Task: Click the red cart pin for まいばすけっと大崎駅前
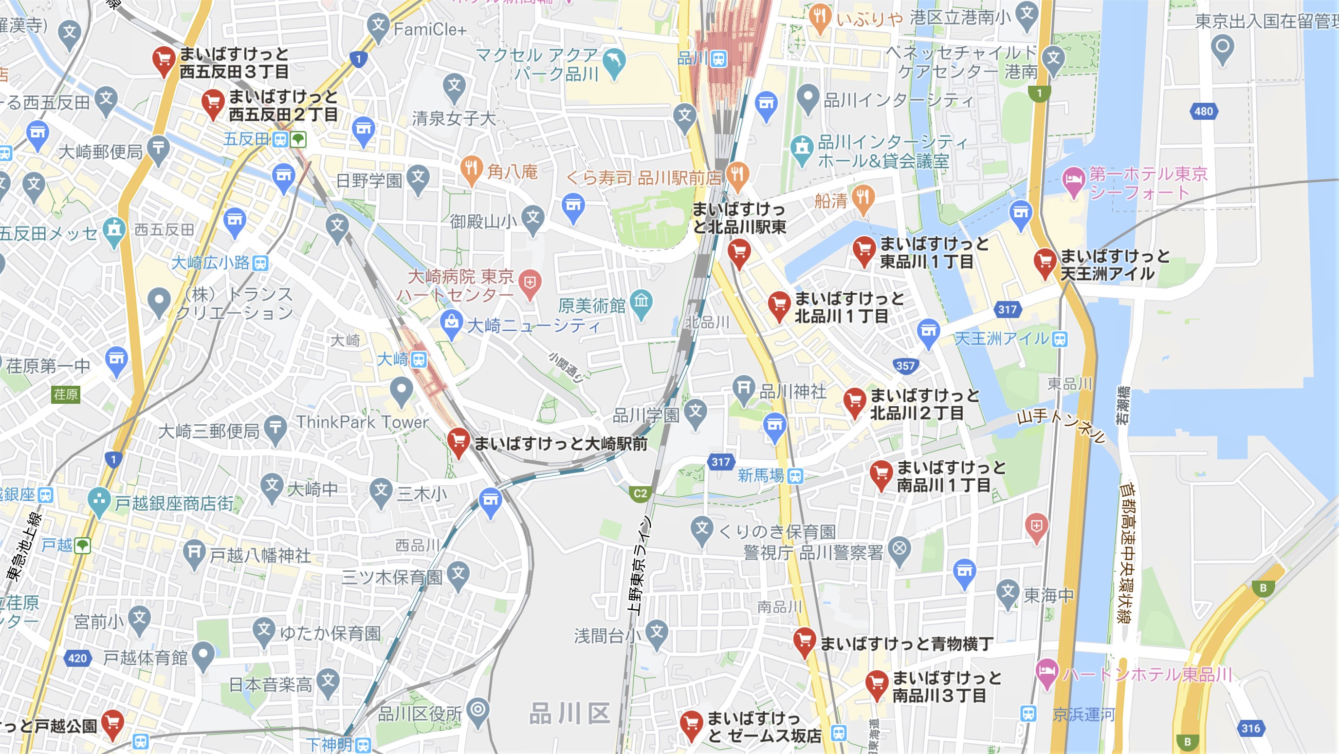458,441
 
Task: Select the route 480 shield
1203,111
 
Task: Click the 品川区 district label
569,713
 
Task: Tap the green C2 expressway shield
640,493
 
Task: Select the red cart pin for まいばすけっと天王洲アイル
1044,263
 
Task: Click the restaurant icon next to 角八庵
471,170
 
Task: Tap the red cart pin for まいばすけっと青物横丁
804,641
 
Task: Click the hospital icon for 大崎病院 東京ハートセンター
529,283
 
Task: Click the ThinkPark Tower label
362,422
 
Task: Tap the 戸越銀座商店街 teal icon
99,500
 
